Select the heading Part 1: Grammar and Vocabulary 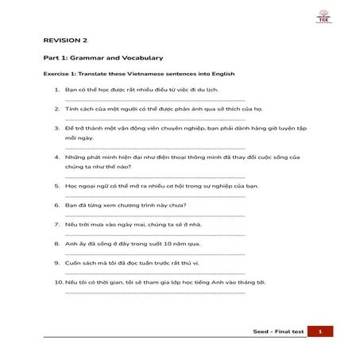103,58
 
